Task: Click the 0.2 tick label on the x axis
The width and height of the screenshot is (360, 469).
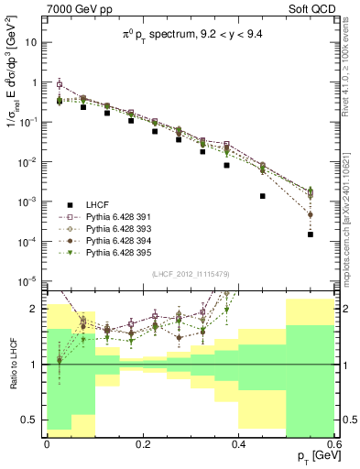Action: coord(142,443)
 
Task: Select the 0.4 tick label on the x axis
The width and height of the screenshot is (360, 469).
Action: coord(238,443)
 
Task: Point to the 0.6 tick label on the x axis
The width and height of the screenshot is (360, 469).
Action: coord(333,443)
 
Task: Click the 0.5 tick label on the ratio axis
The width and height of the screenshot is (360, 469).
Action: coord(32,420)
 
